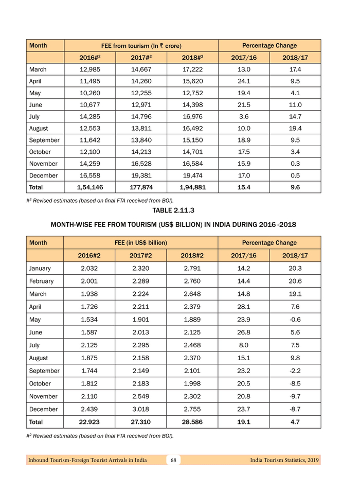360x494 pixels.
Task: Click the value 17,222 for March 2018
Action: click(x=192, y=69)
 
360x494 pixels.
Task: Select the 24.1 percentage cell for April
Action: click(x=244, y=81)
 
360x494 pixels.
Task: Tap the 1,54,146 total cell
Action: click(x=89, y=187)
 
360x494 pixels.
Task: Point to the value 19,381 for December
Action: click(x=141, y=175)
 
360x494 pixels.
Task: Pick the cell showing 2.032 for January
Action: click(x=89, y=268)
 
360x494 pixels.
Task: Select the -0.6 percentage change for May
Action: click(x=295, y=320)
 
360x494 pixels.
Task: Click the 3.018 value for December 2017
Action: click(x=141, y=409)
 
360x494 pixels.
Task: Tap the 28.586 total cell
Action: click(x=192, y=422)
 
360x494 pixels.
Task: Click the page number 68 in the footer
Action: click(x=174, y=460)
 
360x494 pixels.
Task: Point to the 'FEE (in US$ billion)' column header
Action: click(x=141, y=242)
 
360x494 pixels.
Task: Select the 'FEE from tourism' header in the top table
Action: click(x=141, y=46)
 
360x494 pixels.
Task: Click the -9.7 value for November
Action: click(x=295, y=396)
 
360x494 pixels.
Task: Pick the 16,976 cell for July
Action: click(x=192, y=117)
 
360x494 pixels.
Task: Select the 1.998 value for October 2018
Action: click(x=192, y=383)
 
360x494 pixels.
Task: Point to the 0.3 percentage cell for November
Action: click(x=295, y=164)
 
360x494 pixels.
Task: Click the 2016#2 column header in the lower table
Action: click(x=89, y=255)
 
